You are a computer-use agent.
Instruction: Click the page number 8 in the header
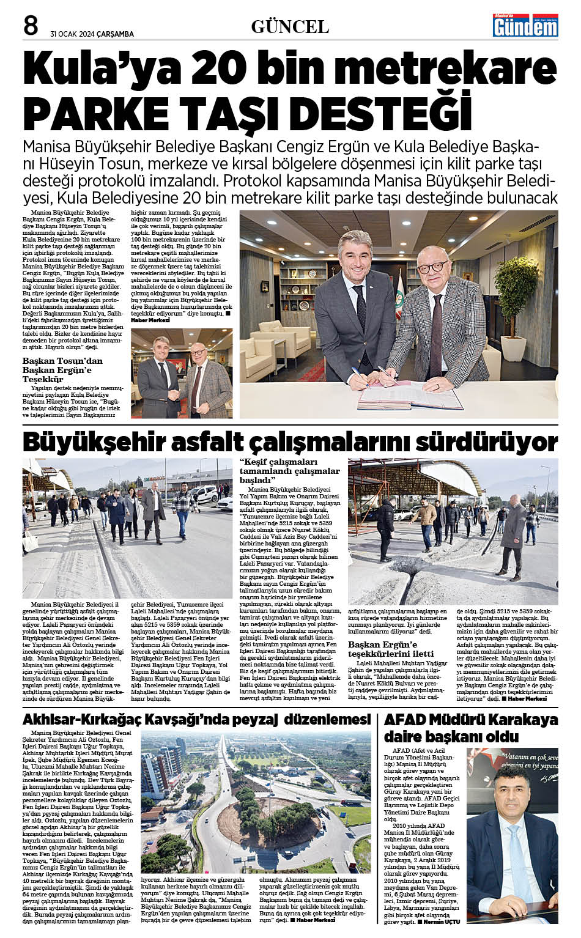pos(31,25)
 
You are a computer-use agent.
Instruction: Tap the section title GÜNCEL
pos(290,26)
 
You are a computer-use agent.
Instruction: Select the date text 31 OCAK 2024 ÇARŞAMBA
pos(92,34)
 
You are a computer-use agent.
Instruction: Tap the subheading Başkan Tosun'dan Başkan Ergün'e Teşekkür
pos(62,369)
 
